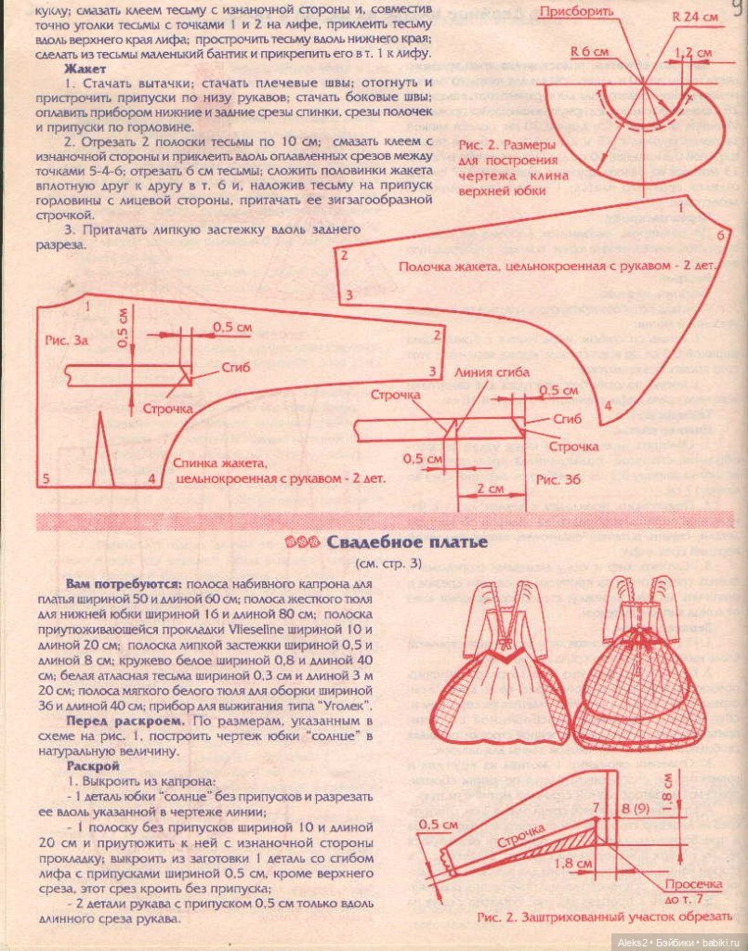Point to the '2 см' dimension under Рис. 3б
(489, 489)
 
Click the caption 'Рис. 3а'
(66, 341)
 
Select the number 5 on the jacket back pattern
(45, 478)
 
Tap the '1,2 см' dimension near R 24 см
(688, 53)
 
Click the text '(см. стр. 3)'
(387, 563)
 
